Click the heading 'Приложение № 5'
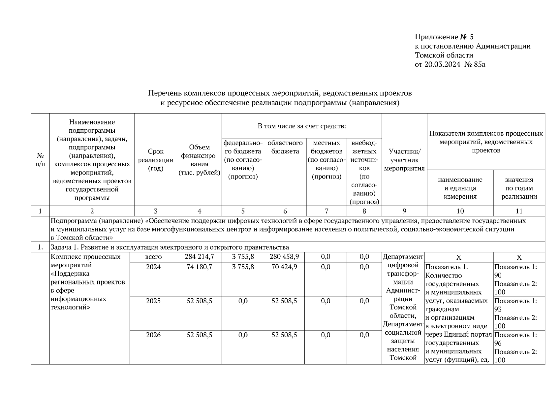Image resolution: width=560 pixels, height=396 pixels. tap(444, 37)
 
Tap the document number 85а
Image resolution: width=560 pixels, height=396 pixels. tap(479, 64)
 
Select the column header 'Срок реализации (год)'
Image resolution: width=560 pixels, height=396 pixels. tap(156, 160)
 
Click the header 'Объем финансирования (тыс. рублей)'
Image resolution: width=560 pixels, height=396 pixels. tap(199, 160)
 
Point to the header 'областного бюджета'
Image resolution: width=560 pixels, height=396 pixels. tap(285, 147)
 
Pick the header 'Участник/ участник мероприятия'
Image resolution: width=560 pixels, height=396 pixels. tap(404, 160)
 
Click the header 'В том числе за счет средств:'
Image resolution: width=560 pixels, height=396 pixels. tap(302, 126)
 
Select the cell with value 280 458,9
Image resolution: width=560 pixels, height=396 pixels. tap(284, 257)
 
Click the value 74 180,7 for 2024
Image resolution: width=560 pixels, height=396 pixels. tap(199, 267)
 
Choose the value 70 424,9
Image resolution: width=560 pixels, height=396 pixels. tap(284, 267)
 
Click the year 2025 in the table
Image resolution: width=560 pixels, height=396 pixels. tap(153, 301)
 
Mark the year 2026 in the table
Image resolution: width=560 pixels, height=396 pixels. tap(153, 335)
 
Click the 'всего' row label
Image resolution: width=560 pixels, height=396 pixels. tap(153, 257)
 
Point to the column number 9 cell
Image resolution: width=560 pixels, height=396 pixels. tap(404, 211)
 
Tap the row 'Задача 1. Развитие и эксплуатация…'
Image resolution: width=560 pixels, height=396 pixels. tap(170, 247)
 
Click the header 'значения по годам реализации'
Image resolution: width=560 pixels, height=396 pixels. tap(519, 188)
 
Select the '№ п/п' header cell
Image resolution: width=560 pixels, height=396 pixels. tap(40, 160)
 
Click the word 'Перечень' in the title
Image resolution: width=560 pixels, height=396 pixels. tap(164, 93)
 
